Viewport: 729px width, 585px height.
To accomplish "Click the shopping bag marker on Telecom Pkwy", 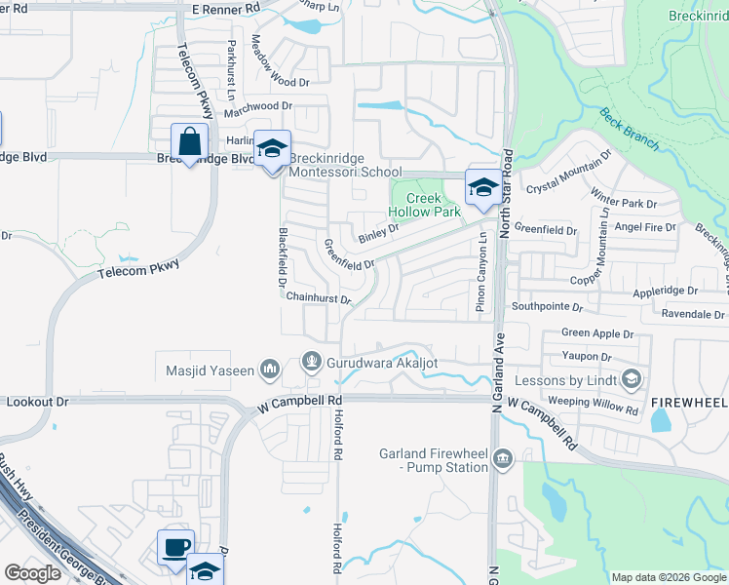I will tap(189, 141).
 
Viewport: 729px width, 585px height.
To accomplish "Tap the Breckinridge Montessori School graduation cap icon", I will tap(272, 149).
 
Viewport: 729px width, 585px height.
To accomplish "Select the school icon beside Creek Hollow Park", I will tap(482, 187).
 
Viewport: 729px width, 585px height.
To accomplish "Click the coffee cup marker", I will tap(175, 548).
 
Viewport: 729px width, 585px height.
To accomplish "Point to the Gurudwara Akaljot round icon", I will tap(311, 363).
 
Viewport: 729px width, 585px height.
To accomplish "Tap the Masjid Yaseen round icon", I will tap(270, 370).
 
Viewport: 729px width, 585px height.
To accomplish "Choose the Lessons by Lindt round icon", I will tap(632, 378).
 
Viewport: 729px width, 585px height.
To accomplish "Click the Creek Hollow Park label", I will tap(416, 205).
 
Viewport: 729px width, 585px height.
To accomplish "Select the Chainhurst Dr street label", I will tap(318, 299).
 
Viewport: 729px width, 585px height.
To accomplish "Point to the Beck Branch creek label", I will tap(629, 126).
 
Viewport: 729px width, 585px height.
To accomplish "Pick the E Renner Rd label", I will tap(226, 8).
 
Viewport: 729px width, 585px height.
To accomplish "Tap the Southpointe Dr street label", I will tap(549, 306).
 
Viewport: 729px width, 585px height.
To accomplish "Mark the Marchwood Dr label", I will tap(257, 106).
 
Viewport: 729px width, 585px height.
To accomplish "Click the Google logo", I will tap(32, 573).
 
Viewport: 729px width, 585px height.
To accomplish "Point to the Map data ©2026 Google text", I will tap(667, 577).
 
